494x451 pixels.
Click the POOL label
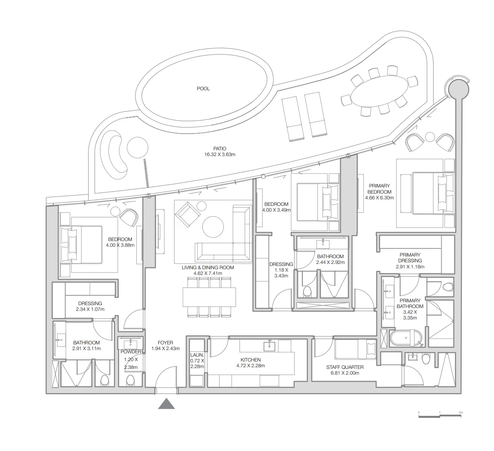[x=203, y=89]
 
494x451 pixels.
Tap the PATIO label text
[x=219, y=149]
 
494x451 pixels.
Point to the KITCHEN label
[x=250, y=360]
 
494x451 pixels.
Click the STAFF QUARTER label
[x=345, y=367]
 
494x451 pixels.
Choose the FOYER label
[x=165, y=343]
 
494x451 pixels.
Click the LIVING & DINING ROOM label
[x=208, y=268]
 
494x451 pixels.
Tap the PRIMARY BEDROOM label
[x=379, y=189]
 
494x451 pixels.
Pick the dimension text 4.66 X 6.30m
[x=379, y=198]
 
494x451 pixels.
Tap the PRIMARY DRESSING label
[x=410, y=258]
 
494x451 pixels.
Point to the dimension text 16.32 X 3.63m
[x=219, y=155]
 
